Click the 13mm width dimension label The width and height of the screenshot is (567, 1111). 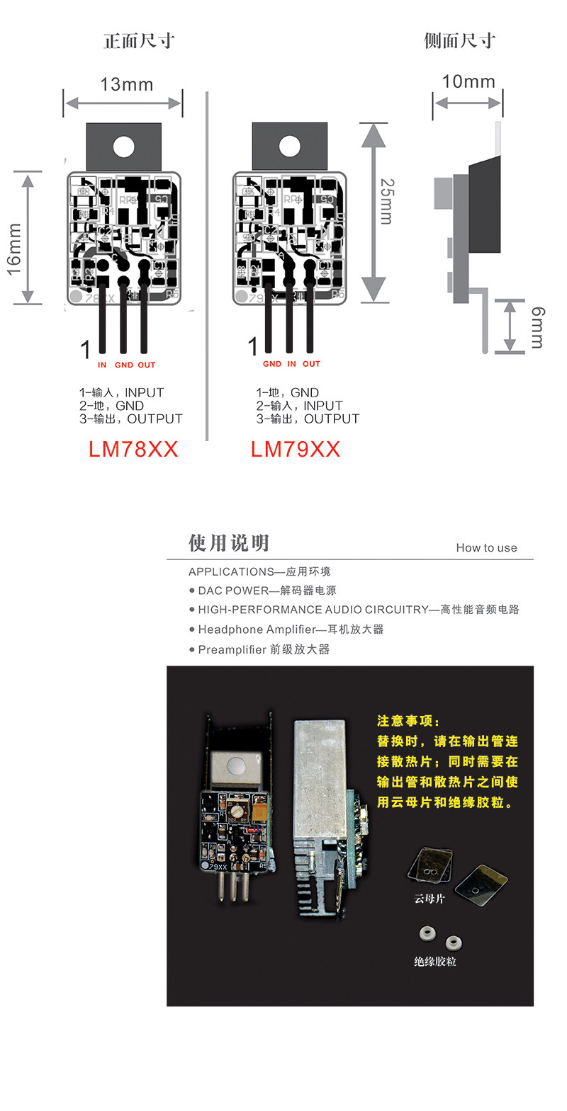[126, 84]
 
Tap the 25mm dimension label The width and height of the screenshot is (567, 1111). [387, 201]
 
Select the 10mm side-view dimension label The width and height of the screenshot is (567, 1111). [468, 81]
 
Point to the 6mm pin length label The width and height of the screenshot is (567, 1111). [538, 327]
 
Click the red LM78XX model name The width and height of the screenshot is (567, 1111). [133, 449]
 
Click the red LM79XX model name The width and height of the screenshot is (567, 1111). [296, 449]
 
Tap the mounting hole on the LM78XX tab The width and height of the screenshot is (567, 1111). [123, 147]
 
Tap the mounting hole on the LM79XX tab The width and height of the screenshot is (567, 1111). [289, 147]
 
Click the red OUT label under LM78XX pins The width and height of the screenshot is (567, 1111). [147, 365]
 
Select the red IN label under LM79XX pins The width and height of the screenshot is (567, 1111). [292, 364]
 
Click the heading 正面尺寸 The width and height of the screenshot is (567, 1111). [139, 40]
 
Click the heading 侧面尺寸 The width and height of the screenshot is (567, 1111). [459, 40]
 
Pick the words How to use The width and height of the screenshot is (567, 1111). [486, 547]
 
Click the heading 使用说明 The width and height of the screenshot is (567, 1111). [229, 543]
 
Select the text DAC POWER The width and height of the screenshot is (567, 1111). [233, 591]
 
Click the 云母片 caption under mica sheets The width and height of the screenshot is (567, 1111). [430, 899]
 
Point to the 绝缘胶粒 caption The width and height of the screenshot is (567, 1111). [435, 962]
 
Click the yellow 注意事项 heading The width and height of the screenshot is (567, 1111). [408, 721]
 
